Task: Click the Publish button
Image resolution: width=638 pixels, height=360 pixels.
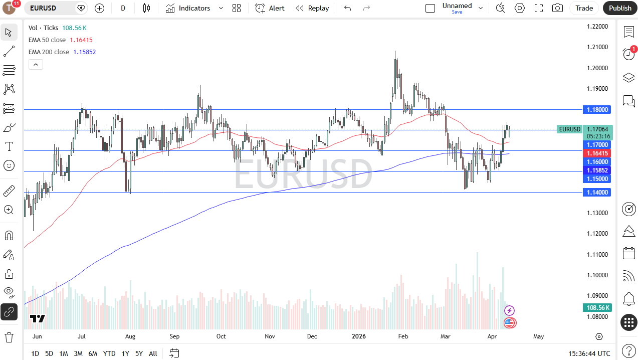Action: click(x=620, y=8)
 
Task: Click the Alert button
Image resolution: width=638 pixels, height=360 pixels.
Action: click(x=270, y=8)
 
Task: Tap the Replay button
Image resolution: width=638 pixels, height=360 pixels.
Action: click(x=312, y=8)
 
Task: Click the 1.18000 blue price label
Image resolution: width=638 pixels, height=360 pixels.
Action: click(x=597, y=109)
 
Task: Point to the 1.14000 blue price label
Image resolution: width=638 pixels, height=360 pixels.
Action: click(x=597, y=192)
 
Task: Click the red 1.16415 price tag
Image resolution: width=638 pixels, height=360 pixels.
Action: click(x=597, y=153)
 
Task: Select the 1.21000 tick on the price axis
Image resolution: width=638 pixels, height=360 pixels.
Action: click(x=597, y=47)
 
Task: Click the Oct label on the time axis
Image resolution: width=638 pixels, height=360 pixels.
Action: click(x=221, y=336)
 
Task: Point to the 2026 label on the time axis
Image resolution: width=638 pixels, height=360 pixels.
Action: click(x=358, y=336)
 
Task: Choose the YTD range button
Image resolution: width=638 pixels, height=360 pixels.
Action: click(x=109, y=353)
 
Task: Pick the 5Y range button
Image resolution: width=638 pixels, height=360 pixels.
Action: click(x=139, y=353)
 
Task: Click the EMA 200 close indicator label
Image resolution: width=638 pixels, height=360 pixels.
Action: click(x=49, y=52)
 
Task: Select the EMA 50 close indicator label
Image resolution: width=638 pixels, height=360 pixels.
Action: click(x=47, y=40)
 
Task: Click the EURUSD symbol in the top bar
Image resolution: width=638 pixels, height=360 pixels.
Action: click(x=43, y=8)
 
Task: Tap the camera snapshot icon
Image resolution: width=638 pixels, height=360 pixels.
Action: click(x=557, y=8)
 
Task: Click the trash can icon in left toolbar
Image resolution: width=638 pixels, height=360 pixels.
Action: click(x=9, y=336)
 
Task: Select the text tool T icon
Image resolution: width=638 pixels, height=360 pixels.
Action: click(x=9, y=146)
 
